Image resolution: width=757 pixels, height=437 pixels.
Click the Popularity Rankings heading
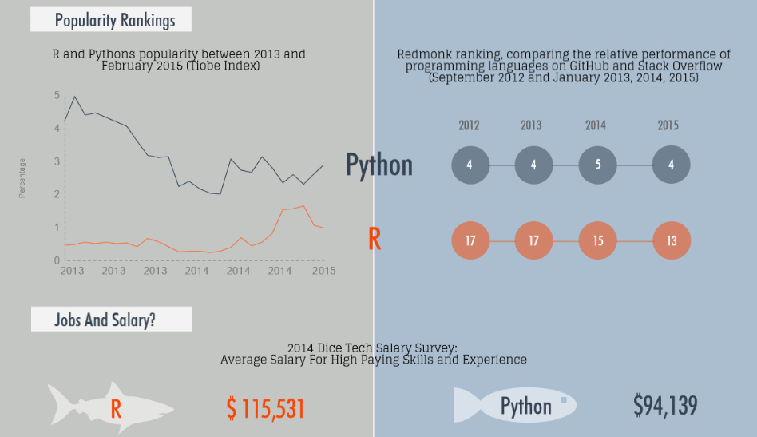tap(115, 20)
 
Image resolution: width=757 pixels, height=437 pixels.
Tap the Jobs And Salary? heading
tap(105, 320)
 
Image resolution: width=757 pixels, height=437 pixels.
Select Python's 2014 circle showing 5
tap(597, 165)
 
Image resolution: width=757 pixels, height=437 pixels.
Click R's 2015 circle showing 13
tap(672, 240)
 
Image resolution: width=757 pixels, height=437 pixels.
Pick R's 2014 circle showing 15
tap(597, 240)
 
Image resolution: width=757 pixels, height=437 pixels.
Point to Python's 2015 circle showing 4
tap(671, 165)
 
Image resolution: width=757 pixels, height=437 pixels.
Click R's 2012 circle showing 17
tap(470, 240)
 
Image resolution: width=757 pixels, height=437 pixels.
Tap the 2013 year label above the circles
tap(531, 125)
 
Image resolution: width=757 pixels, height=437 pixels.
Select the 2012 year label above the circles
tap(469, 125)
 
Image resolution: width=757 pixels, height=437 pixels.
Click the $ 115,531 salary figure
tap(266, 408)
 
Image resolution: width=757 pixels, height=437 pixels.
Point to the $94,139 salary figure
tap(665, 405)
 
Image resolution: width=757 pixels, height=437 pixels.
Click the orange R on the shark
tap(116, 409)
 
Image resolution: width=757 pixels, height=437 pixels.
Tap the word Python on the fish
tap(525, 406)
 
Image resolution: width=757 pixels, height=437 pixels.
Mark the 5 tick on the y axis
tap(57, 95)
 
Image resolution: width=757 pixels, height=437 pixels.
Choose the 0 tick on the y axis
tap(57, 260)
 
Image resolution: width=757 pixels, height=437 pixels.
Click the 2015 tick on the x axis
tap(323, 271)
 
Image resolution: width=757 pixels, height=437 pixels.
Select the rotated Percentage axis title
tap(22, 178)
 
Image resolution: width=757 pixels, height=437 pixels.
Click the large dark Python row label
tap(379, 165)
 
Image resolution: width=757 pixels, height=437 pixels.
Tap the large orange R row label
tap(375, 239)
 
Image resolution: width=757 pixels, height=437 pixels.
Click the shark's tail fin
tap(61, 405)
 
